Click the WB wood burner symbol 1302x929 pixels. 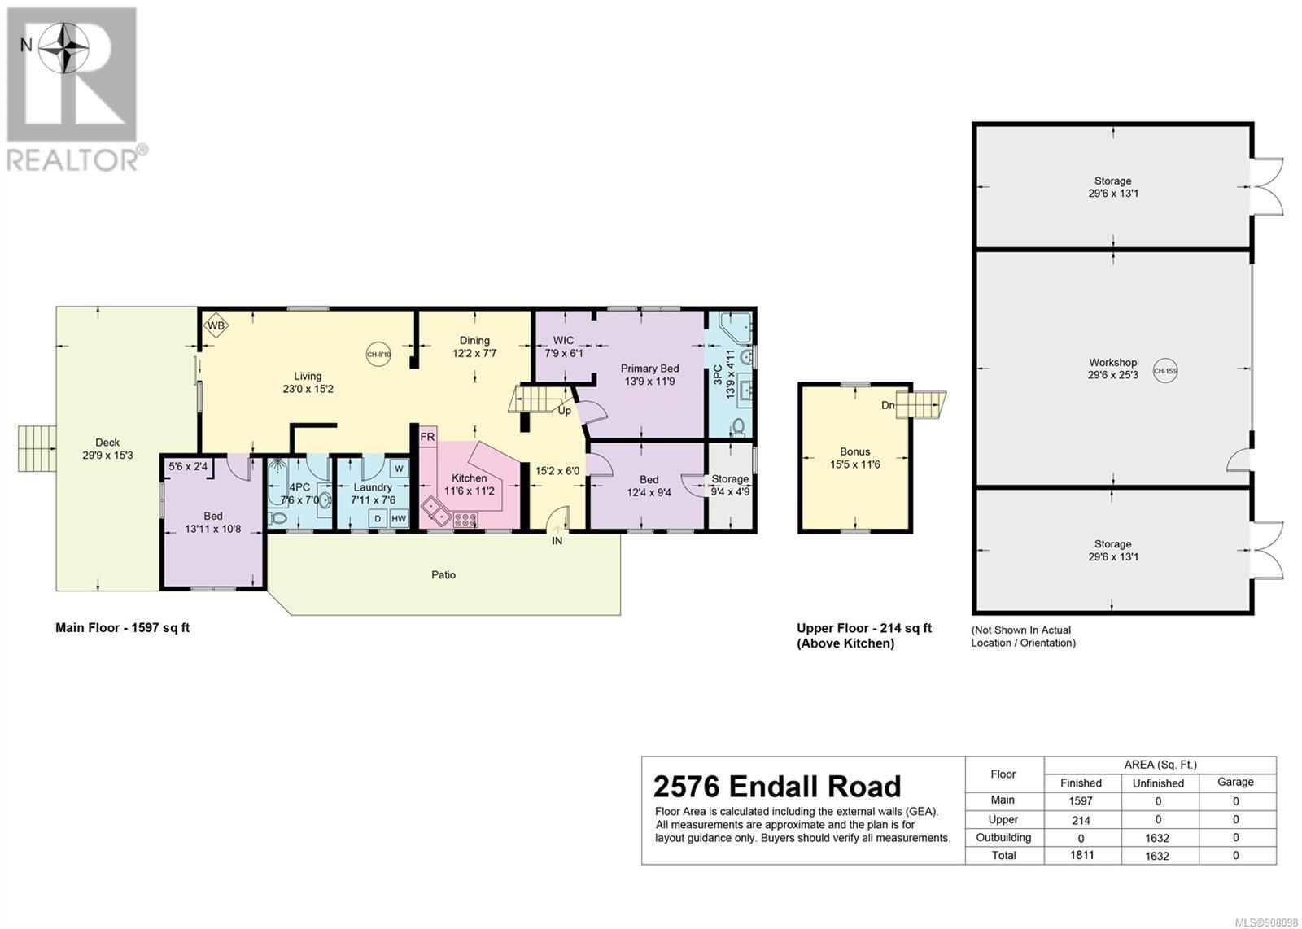pyautogui.click(x=216, y=326)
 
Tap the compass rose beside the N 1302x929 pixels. pyautogui.click(x=64, y=48)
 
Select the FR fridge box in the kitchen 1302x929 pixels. pyautogui.click(x=427, y=437)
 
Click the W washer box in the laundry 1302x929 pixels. pyautogui.click(x=399, y=469)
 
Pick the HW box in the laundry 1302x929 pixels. pyautogui.click(x=399, y=519)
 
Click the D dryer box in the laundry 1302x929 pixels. pyautogui.click(x=378, y=519)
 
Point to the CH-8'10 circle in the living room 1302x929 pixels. pyautogui.click(x=378, y=355)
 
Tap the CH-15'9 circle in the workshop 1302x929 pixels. pyautogui.click(x=1164, y=371)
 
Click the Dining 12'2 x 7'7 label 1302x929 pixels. pyautogui.click(x=474, y=347)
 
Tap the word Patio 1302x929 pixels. pyautogui.click(x=443, y=574)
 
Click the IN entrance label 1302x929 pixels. pyautogui.click(x=557, y=541)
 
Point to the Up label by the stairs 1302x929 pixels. pyautogui.click(x=565, y=411)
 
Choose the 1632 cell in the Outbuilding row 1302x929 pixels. pyautogui.click(x=1157, y=838)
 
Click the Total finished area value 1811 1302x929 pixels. pyautogui.click(x=1081, y=855)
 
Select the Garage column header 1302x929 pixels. pyautogui.click(x=1235, y=782)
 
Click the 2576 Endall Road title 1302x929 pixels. pyautogui.click(x=777, y=787)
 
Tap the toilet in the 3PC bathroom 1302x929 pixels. pyautogui.click(x=739, y=426)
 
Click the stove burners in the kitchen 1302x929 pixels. pyautogui.click(x=465, y=519)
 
